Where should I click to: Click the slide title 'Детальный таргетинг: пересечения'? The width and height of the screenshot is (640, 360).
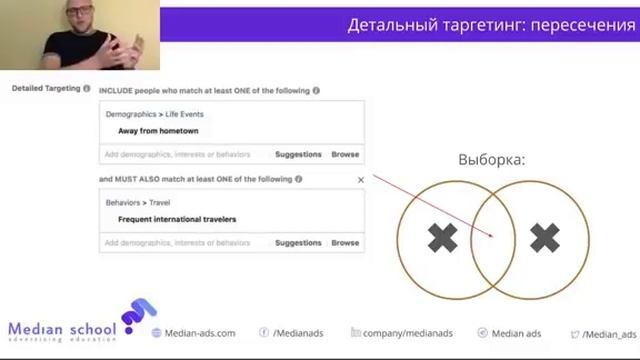(490, 25)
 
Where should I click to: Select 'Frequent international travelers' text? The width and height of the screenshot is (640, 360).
(177, 219)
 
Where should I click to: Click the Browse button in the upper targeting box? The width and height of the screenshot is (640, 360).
(345, 155)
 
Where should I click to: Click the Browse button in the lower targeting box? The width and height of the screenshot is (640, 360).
(345, 243)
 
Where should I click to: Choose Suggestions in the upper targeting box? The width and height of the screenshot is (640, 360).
(298, 155)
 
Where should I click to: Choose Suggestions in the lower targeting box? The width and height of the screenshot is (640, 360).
(298, 243)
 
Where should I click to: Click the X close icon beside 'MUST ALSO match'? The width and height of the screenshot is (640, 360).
(361, 180)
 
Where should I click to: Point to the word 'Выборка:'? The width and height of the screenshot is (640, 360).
(491, 160)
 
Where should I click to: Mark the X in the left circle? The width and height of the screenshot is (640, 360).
(442, 238)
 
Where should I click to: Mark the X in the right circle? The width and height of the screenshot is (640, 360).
(544, 238)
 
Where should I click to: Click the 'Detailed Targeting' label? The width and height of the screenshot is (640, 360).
(45, 89)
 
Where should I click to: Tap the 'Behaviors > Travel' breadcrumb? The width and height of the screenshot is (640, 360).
(138, 203)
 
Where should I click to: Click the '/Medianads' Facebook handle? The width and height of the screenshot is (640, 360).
(297, 334)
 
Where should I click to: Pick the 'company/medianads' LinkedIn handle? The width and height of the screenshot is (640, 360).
(408, 334)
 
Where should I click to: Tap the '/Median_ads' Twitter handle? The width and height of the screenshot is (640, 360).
(609, 334)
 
